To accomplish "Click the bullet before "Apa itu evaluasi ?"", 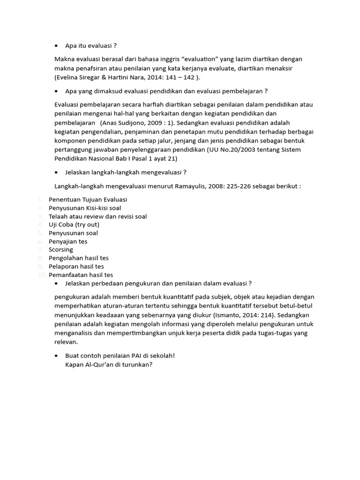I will pyautogui.click(x=57, y=46).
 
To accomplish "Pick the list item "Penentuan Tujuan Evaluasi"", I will pyautogui.click(x=88, y=199).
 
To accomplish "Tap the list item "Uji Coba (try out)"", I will pyautogui.click(x=74, y=225).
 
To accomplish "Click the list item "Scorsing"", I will pyautogui.click(x=61, y=250).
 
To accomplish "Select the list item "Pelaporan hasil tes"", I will pyautogui.click(x=76, y=266).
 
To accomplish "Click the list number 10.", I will pyautogui.click(x=42, y=275).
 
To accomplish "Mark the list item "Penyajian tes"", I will pyautogui.click(x=68, y=241).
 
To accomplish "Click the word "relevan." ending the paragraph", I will pyautogui.click(x=67, y=342).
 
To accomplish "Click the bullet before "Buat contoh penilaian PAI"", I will pyautogui.click(x=57, y=356).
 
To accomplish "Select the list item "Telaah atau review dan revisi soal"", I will pyautogui.click(x=97, y=216).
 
